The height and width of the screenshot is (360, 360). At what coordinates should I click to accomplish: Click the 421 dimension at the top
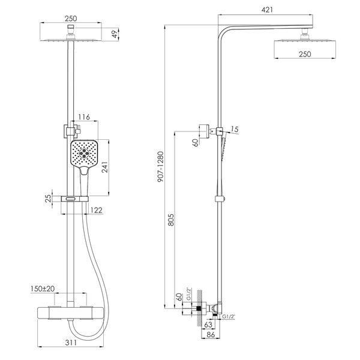(x=267, y=10)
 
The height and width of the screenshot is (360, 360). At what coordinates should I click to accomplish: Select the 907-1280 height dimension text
(x=161, y=167)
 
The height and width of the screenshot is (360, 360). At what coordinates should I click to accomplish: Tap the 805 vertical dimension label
(x=171, y=220)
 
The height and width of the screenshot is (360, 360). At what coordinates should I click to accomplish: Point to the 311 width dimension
(x=71, y=343)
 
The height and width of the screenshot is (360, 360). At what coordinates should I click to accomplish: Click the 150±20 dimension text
(x=43, y=289)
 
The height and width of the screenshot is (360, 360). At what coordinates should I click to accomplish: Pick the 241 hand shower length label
(x=104, y=167)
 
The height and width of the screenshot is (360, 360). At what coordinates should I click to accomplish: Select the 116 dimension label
(x=84, y=117)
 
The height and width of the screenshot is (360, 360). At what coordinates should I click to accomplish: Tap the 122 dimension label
(x=97, y=210)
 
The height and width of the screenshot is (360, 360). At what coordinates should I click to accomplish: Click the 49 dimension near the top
(x=115, y=34)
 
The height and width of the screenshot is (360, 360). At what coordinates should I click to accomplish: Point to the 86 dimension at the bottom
(x=211, y=335)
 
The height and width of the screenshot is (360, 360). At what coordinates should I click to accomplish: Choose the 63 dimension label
(x=208, y=325)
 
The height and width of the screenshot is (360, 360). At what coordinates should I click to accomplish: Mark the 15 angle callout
(x=235, y=129)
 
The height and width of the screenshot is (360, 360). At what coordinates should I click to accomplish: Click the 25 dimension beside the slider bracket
(x=48, y=198)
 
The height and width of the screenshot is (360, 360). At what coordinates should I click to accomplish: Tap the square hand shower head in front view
(x=84, y=153)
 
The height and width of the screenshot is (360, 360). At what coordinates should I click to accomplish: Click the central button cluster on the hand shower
(x=84, y=153)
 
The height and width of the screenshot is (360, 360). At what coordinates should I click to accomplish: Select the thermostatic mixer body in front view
(x=70, y=313)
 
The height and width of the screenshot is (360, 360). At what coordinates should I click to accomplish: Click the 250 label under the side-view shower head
(x=305, y=54)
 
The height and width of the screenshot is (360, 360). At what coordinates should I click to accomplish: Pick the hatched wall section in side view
(x=200, y=308)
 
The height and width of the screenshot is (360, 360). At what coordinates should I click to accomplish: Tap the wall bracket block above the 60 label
(x=204, y=131)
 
